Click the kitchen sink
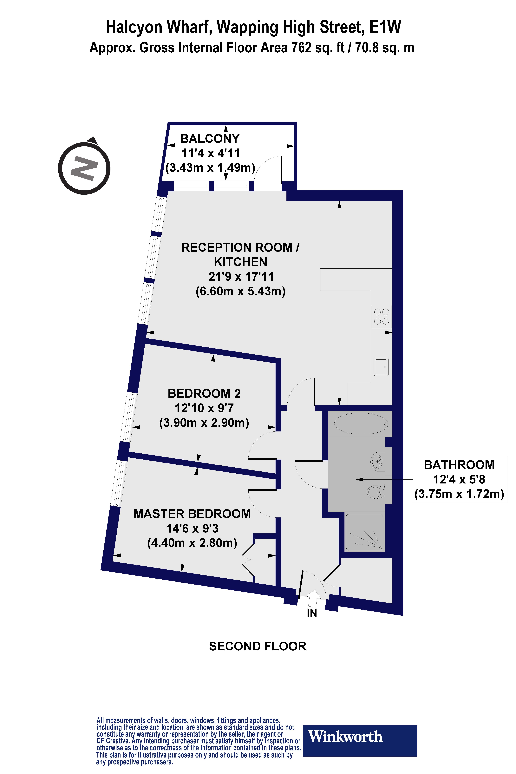coord(381,367)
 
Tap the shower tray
coord(364,532)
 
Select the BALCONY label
coord(210,139)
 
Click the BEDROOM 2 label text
coord(204,393)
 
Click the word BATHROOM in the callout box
coord(459,465)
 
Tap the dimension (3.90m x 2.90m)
coord(204,423)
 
